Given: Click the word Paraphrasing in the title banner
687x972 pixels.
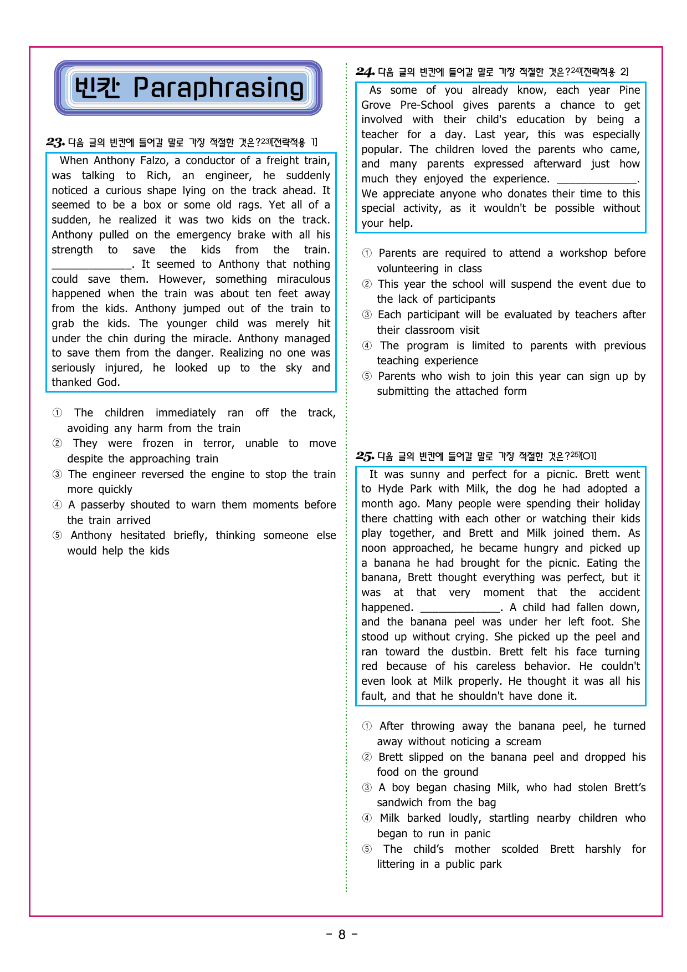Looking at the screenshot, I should (x=218, y=89).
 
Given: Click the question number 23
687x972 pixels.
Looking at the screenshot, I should (x=55, y=143).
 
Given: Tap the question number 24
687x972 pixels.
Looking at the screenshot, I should (x=365, y=72).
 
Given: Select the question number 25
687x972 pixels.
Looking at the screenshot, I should (x=365, y=456).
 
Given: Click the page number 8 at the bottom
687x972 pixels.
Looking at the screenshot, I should (x=342, y=935).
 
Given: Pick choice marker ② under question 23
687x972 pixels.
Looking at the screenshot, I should (x=57, y=444).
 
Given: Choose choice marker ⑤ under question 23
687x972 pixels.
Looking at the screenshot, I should (x=57, y=536).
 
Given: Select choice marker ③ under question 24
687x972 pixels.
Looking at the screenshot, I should (x=367, y=315).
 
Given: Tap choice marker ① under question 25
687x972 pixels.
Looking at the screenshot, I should (x=367, y=726).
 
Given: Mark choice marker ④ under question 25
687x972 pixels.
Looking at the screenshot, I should (x=367, y=818).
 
